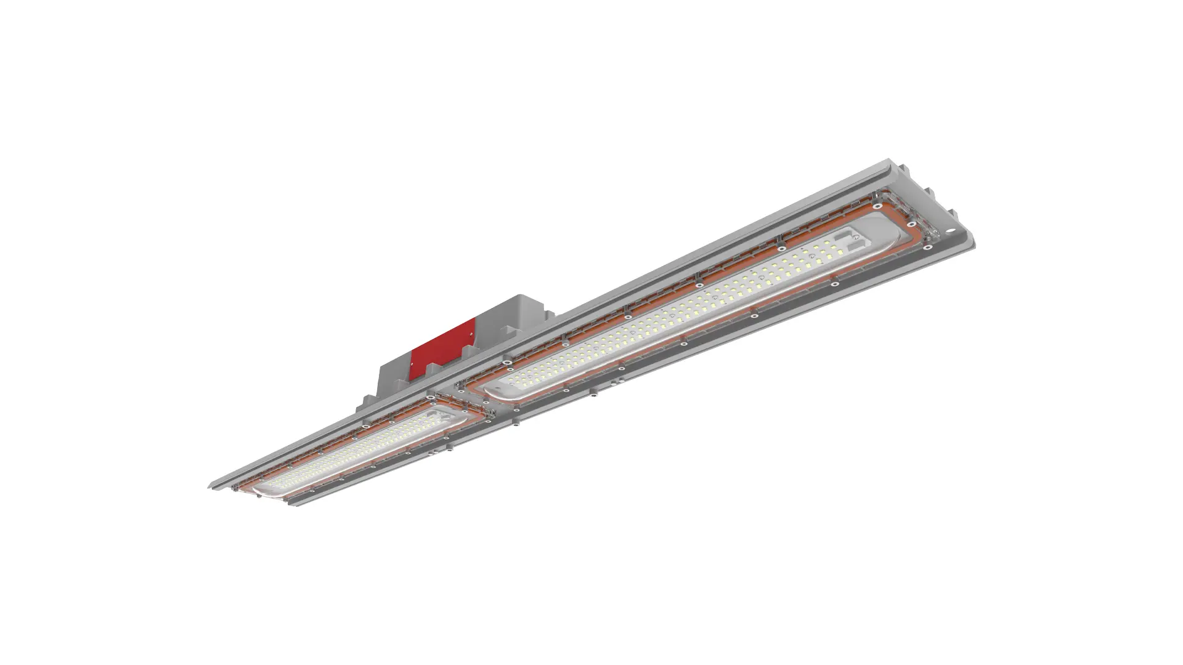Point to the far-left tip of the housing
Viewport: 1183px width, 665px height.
pos(209,486)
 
